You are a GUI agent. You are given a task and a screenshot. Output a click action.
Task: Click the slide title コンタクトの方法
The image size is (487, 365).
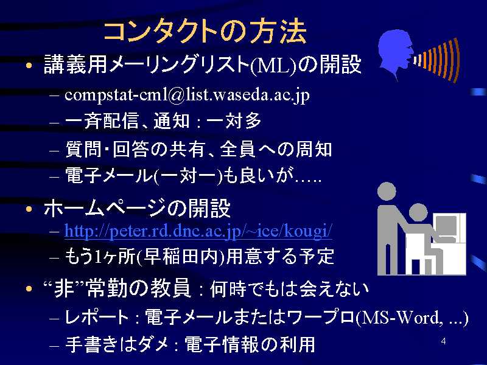(x=205, y=32)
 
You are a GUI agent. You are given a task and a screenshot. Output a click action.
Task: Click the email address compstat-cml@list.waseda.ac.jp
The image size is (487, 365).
(x=187, y=95)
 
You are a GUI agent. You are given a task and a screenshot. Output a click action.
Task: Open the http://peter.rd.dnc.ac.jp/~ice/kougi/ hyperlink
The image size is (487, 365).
(x=198, y=231)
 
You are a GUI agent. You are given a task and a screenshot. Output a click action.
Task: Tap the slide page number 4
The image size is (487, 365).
(x=444, y=341)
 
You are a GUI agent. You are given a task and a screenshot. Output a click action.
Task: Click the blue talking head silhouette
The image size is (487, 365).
(x=395, y=54)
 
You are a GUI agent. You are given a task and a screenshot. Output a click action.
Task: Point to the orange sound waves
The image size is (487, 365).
(x=437, y=59)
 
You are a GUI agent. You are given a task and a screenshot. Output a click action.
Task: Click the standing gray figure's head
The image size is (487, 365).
(x=387, y=192)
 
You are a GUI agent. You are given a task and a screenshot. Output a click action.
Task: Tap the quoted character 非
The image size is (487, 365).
(x=65, y=288)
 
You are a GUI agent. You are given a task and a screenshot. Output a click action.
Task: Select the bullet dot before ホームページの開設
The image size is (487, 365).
(x=29, y=209)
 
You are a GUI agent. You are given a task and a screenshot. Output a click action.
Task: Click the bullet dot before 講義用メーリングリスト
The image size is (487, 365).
(x=29, y=66)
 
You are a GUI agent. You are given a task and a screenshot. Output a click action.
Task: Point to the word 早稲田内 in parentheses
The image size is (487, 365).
(x=181, y=256)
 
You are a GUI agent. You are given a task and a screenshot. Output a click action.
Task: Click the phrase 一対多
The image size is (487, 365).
(x=234, y=120)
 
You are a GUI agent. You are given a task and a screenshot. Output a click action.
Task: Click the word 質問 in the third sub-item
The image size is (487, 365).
(x=83, y=149)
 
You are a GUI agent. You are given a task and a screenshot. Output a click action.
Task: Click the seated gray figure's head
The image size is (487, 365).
(x=418, y=212)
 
